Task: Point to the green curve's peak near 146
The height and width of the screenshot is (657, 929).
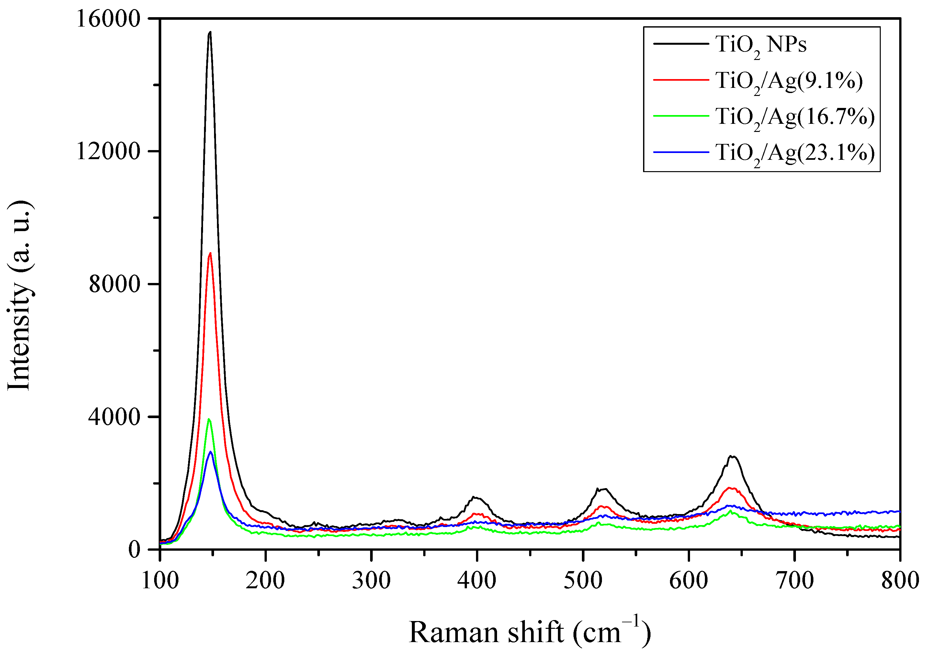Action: [209, 419]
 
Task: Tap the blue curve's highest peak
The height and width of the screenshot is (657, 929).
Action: [210, 452]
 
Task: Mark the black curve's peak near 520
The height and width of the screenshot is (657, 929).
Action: [604, 489]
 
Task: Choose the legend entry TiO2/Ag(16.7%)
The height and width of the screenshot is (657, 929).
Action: [795, 117]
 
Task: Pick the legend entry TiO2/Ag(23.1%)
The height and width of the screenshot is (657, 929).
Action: [795, 153]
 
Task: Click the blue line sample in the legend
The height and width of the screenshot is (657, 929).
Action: [681, 152]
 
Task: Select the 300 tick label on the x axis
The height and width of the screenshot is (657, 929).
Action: [371, 581]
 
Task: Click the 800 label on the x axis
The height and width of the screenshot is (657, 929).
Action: [900, 581]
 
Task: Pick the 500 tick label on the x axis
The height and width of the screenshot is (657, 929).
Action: [583, 581]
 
